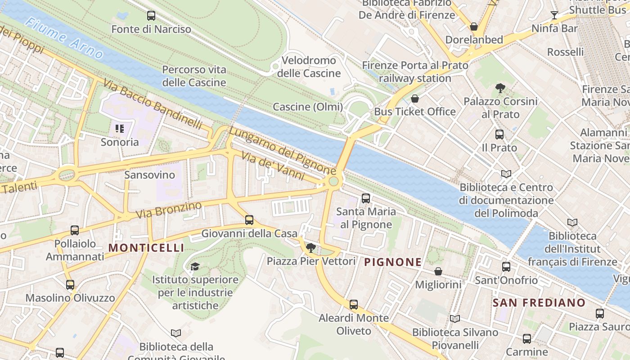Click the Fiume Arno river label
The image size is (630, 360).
click(x=65, y=39)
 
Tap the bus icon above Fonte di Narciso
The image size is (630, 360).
click(x=151, y=16)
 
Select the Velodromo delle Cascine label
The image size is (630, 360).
click(x=309, y=67)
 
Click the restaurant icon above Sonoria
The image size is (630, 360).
click(x=120, y=129)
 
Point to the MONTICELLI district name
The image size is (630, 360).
click(x=146, y=248)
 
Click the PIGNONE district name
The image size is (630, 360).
click(x=393, y=262)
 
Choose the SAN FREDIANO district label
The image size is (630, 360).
click(x=539, y=303)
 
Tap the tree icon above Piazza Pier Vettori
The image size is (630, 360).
click(x=310, y=247)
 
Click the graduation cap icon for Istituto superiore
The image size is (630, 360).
click(x=195, y=266)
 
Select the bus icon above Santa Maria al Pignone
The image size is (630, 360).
click(x=366, y=198)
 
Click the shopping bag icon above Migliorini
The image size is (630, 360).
click(x=438, y=271)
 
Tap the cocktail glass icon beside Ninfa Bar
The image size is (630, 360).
click(x=554, y=16)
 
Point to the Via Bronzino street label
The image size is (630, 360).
click(x=169, y=210)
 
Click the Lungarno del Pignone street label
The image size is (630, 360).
click(x=282, y=151)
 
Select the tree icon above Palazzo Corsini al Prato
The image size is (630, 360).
click(x=499, y=88)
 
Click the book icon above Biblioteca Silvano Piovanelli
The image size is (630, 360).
click(x=455, y=319)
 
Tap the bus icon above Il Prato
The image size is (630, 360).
click(x=499, y=134)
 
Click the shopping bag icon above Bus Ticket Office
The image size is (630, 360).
click(x=415, y=99)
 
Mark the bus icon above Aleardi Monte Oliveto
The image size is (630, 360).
click(x=354, y=305)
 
